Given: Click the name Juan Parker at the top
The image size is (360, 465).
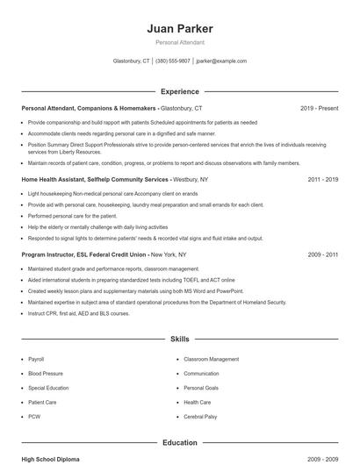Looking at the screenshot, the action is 180,29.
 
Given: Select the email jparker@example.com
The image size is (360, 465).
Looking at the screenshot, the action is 221,61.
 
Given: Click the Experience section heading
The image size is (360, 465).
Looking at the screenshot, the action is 180,91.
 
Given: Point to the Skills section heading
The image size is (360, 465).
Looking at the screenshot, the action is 180,339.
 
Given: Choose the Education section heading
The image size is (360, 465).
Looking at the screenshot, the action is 180,443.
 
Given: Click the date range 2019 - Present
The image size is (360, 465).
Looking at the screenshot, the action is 319,108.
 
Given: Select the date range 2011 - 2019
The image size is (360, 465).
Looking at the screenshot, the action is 323,179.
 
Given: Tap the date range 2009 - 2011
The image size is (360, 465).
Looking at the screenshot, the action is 323,254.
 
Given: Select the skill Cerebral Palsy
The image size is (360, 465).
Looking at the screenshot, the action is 200,416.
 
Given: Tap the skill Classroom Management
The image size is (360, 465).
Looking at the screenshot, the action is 211,359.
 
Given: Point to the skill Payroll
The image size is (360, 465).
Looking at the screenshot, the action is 36,359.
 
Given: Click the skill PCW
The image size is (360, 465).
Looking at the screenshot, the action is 34,416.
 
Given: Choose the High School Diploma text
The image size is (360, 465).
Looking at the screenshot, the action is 52,459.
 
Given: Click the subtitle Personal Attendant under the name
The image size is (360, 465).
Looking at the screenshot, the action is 180,42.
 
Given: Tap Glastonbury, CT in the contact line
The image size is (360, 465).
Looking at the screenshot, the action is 133,61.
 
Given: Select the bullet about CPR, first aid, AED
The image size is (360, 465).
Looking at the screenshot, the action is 79,313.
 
